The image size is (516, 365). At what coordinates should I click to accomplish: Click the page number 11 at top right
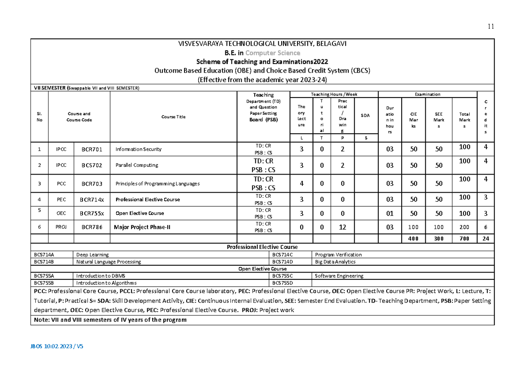491,26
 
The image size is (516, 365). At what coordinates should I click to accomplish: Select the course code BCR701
92,149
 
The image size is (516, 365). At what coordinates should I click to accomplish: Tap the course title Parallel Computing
137,165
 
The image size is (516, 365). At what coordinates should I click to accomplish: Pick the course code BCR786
92,227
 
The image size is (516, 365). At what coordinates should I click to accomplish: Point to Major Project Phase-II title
142,227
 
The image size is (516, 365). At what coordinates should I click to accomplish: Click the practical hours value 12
342,227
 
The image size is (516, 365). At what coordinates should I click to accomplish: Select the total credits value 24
485,239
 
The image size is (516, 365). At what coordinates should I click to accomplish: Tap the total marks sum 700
464,239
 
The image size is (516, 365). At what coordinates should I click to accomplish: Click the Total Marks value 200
464,227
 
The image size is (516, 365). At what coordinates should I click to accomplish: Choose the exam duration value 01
390,213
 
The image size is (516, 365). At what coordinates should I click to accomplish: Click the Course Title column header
173,117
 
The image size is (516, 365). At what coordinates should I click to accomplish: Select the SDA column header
365,115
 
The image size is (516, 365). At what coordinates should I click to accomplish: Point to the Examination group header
427,94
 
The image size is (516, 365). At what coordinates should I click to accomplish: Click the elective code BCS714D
282,262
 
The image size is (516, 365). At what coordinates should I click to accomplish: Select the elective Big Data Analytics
335,262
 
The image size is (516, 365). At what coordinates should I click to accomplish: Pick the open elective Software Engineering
339,276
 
